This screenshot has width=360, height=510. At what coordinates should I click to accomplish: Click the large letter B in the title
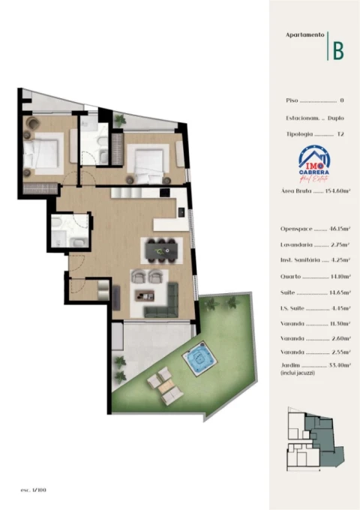click(x=338, y=50)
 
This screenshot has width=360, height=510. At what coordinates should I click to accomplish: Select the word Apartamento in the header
click(x=305, y=34)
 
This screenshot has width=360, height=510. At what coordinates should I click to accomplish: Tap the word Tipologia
click(x=298, y=134)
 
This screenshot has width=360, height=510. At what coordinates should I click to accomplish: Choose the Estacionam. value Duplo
click(x=335, y=118)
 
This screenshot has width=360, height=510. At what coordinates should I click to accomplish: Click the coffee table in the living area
click(x=145, y=294)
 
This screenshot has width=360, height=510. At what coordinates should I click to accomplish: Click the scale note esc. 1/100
click(x=34, y=489)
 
